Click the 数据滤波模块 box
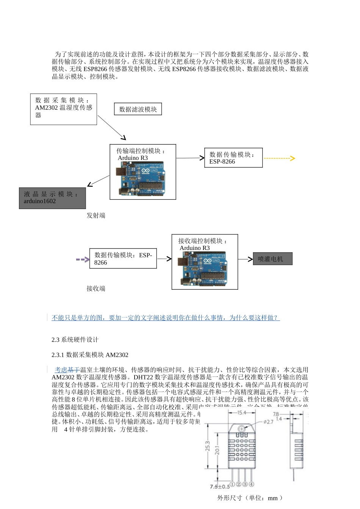point(138,109)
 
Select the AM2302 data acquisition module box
point(64,109)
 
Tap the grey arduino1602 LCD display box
point(52,198)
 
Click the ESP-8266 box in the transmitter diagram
point(233,158)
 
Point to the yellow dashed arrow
point(279,158)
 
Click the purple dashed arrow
point(83,259)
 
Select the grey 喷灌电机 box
point(272,259)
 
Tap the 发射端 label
point(96,215)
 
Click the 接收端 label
point(96,289)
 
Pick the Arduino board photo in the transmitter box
point(142,178)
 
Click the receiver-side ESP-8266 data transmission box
point(123,259)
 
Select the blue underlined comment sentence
point(165,318)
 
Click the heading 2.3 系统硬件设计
point(75,340)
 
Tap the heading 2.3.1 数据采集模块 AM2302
point(90,355)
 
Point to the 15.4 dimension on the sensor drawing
point(242,412)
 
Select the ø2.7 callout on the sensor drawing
point(268,422)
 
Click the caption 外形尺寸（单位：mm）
point(250,498)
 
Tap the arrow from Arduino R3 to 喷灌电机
point(245,259)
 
